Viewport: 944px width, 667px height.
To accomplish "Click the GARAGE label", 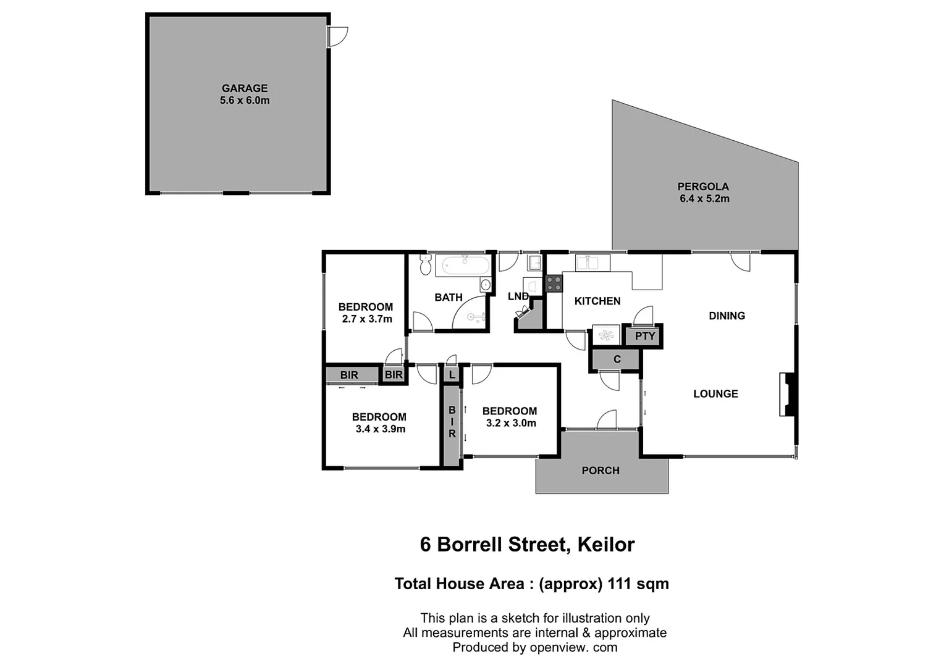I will point(245,88).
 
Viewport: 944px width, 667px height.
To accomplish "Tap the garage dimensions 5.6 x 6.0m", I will point(245,101).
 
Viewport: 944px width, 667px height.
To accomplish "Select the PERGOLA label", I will point(703,187).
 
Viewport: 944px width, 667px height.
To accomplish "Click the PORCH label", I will point(601,471).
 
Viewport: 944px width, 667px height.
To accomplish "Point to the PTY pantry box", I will point(644,337).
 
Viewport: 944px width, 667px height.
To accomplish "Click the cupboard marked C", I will point(617,359).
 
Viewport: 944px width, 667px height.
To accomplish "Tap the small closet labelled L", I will point(452,375).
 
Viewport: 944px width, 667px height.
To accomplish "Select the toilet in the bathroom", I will point(425,264).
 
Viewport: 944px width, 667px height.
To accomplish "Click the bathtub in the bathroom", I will point(463,267).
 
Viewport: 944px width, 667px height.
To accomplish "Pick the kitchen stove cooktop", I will point(554,283).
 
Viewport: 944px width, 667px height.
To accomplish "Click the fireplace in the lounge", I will point(787,394).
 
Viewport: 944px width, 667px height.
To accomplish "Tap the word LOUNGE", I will point(715,394).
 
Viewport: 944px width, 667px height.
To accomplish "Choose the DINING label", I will point(727,316).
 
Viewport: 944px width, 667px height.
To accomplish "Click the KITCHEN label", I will point(597,301).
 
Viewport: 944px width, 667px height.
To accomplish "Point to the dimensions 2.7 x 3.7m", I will point(367,319).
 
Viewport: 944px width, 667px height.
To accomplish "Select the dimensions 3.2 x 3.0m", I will point(511,424).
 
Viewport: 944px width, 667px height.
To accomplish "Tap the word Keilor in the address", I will point(605,545).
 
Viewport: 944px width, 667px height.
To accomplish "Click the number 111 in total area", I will point(622,584).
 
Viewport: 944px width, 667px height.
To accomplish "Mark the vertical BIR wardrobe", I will point(452,422).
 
